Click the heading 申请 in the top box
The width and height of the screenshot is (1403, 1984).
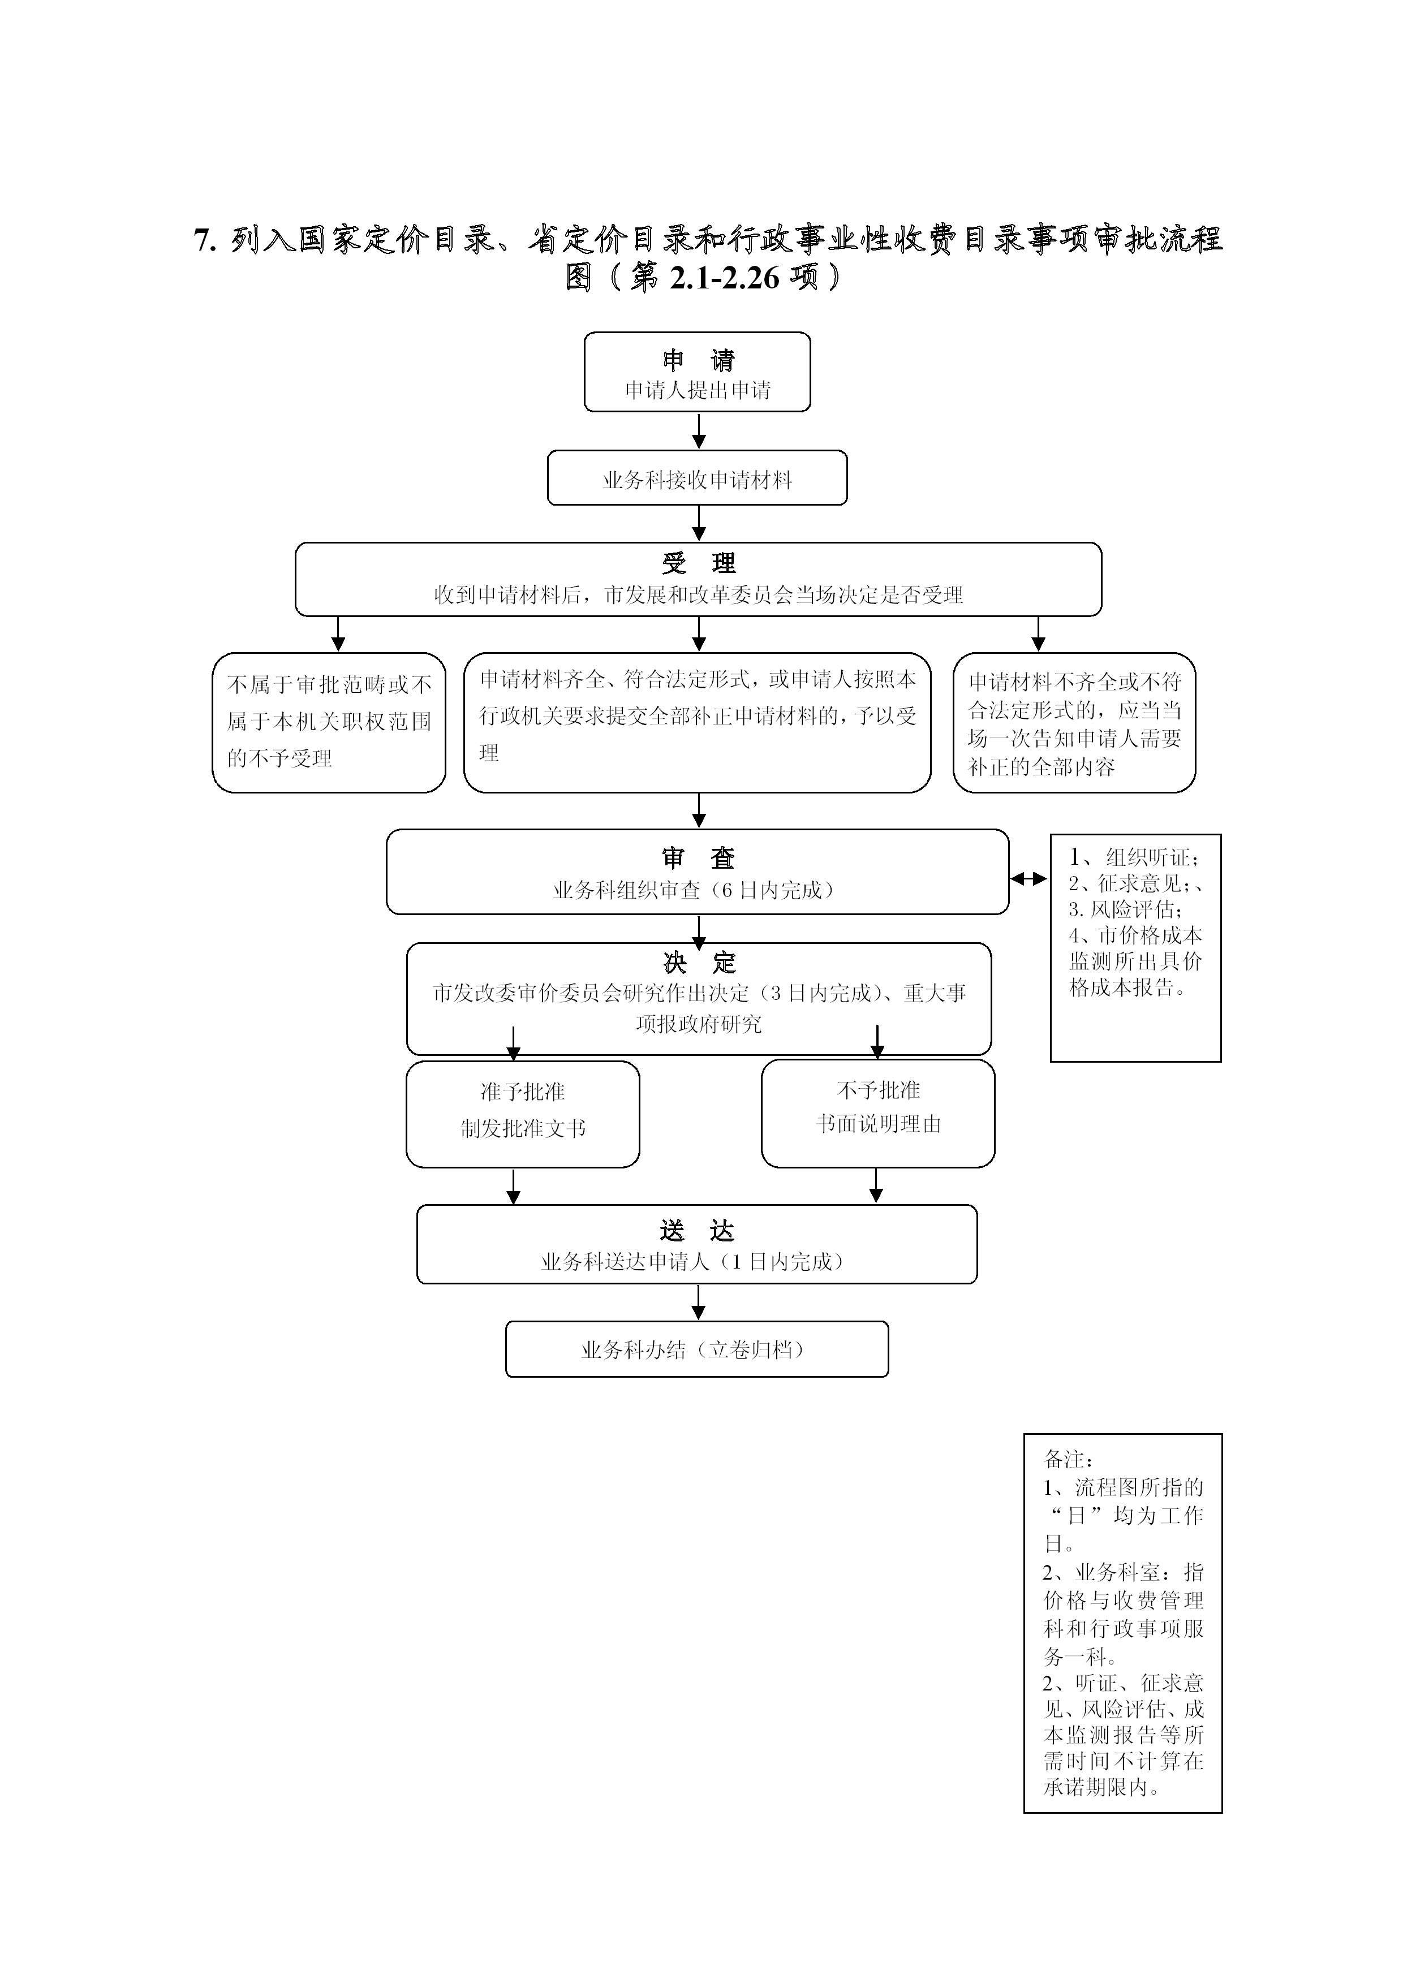click(698, 360)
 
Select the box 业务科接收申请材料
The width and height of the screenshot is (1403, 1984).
click(697, 478)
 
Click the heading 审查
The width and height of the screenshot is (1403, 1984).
click(698, 858)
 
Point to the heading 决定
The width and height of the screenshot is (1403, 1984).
click(699, 963)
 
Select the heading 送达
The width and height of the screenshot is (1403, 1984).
click(697, 1231)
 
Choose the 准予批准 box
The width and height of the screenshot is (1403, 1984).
click(522, 1113)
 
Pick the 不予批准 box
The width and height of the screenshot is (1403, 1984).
click(877, 1113)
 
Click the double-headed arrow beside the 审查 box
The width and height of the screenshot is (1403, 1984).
click(1028, 879)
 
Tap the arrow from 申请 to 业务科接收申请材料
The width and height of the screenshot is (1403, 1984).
click(699, 430)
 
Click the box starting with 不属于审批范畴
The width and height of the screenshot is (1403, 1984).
click(329, 722)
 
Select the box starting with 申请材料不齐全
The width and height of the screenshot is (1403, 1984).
click(1074, 723)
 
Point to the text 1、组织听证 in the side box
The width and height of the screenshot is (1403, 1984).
click(1133, 857)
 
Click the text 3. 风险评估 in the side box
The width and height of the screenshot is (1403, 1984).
click(1126, 909)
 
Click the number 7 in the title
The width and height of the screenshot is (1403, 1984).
click(204, 240)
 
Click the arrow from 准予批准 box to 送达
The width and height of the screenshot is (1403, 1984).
click(514, 1187)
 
